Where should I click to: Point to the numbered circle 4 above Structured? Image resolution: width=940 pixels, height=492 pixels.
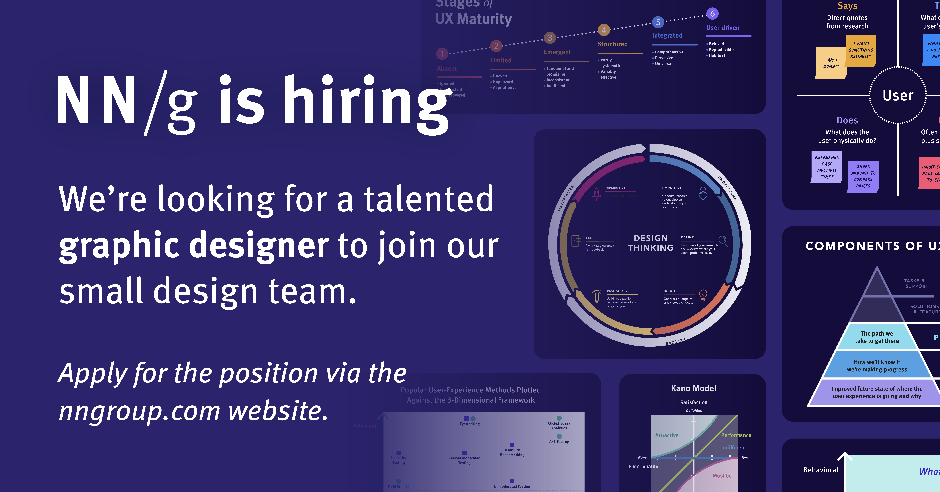(x=604, y=30)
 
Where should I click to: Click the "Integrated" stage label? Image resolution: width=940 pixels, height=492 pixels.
(x=667, y=35)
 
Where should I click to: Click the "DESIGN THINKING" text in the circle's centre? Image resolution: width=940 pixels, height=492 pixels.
(x=651, y=243)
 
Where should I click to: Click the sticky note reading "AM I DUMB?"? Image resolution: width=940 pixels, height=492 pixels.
(x=830, y=63)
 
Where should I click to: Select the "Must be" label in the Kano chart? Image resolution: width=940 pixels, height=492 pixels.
(x=722, y=476)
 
